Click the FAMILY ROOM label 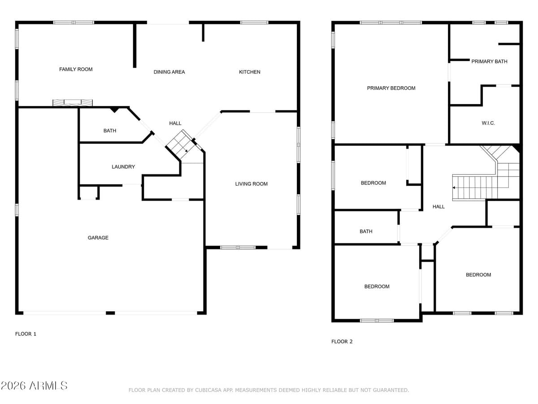coord(76,69)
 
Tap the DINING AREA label coord(169,72)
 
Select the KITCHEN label coord(249,72)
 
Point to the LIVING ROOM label coord(251,184)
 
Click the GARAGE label coord(98,237)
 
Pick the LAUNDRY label coord(123,167)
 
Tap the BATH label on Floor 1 coord(109,131)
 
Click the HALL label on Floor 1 coord(175,123)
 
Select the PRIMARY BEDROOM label coord(391,88)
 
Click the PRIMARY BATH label coord(489,61)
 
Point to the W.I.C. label coord(488,123)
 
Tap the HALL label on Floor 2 coord(438,206)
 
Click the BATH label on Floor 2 coord(366,231)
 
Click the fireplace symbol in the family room coord(73,103)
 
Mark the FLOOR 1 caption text coord(26,334)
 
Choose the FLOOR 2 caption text coord(342,342)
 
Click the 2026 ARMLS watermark coord(34,386)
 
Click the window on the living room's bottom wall coord(238,247)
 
